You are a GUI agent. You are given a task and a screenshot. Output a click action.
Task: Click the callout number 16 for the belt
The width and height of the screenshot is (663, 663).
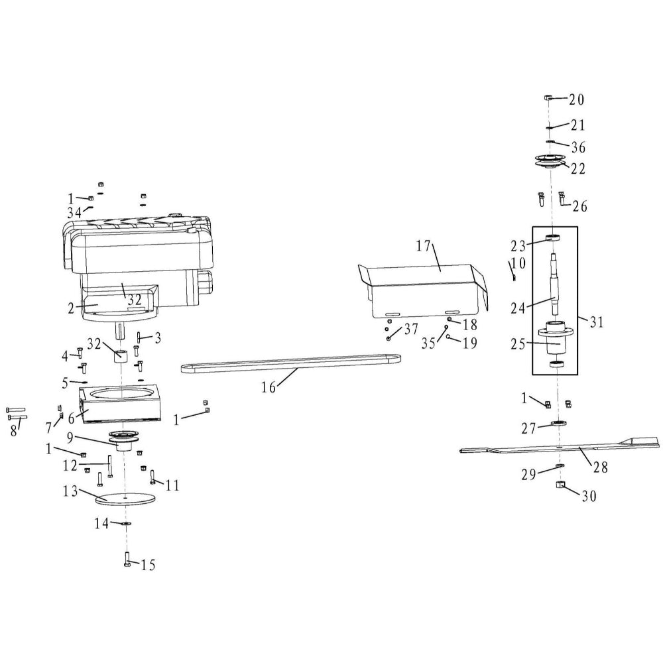269,387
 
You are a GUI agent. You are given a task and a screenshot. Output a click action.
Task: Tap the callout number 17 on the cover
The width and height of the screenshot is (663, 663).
423,246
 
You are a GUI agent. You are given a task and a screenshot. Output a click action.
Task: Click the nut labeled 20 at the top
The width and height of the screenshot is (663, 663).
548,97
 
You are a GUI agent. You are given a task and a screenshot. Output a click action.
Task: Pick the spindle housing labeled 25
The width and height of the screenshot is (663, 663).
555,338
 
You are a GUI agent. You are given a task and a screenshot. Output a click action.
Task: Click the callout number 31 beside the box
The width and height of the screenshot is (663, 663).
597,322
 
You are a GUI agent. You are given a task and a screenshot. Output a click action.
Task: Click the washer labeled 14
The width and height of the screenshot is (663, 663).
125,524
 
